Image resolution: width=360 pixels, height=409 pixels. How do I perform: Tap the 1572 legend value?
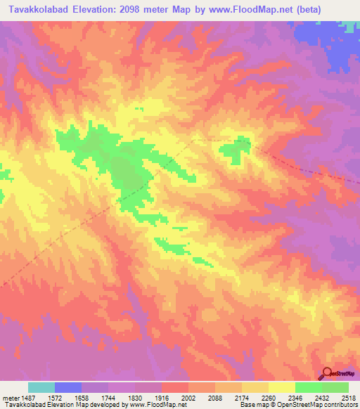[x=67, y=398]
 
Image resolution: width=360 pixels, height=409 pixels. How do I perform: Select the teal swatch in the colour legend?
[x=41, y=387]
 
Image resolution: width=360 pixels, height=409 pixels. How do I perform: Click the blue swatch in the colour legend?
[x=67, y=387]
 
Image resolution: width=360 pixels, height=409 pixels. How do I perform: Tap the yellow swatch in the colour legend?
[x=281, y=387]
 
